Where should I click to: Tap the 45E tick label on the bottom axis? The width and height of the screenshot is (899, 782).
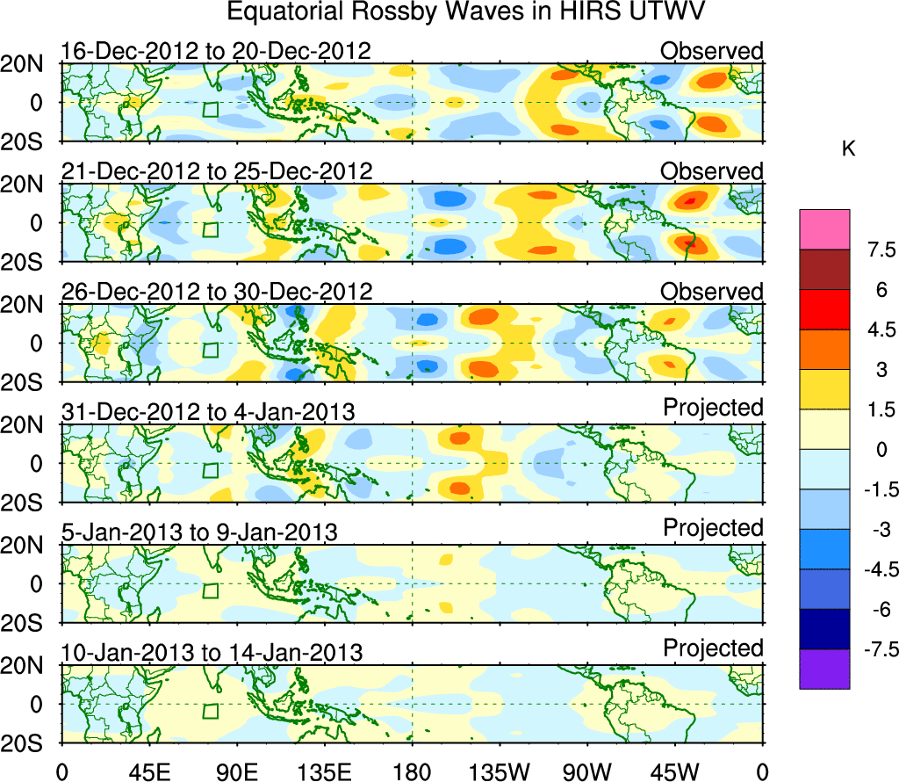coord(148,771)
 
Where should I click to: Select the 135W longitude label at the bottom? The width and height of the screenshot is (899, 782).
coord(498,771)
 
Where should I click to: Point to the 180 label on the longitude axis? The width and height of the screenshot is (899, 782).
coord(412,771)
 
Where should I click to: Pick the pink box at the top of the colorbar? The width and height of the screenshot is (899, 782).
coord(824,229)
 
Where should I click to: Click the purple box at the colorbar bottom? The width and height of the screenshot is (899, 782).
coord(824,669)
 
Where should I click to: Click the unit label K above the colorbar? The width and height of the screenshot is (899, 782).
coord(848,150)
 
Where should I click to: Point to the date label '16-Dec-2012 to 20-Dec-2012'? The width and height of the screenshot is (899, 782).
coord(217,52)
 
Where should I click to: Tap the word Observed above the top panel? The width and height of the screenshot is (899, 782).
coord(712,51)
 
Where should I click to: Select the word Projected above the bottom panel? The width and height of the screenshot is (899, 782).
coord(713,648)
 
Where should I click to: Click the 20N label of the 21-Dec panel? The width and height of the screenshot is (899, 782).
coord(28,185)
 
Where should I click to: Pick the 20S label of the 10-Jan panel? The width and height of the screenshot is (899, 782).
coord(28,742)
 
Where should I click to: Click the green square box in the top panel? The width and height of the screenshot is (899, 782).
coord(210,109)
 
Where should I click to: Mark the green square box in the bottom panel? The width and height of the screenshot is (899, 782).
coord(210,710)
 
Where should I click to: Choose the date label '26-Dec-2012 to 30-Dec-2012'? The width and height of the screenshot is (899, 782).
coord(217,292)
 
